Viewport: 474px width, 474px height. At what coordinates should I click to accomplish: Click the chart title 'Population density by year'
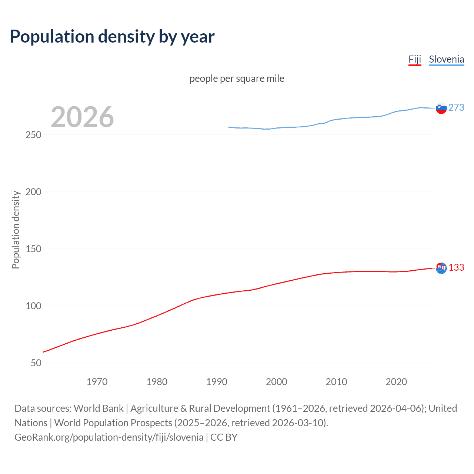point(112,37)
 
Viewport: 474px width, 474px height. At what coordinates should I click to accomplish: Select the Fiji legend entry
point(415,59)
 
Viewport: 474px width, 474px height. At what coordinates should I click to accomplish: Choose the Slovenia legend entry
point(446,59)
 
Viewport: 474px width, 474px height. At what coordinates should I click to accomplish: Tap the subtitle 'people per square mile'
point(237,79)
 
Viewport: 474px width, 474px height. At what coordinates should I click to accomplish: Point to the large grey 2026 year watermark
point(82,117)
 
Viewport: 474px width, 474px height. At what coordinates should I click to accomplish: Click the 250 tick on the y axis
point(33,135)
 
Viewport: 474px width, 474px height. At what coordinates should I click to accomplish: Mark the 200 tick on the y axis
point(33,192)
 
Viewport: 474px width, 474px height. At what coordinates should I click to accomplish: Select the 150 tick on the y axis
point(33,249)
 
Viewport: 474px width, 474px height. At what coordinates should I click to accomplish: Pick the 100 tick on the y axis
point(33,306)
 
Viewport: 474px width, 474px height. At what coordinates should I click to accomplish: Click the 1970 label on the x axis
point(97,382)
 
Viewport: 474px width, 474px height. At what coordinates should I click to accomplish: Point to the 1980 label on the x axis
point(157,382)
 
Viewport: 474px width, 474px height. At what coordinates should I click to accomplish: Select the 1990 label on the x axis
point(217,382)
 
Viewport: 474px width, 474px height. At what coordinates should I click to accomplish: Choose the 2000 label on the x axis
point(277,382)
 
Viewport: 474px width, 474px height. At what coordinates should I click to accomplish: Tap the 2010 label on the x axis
point(336,382)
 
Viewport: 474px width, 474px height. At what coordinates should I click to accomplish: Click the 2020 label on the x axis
point(396,382)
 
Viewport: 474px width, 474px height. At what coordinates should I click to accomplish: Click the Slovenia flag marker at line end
point(441,108)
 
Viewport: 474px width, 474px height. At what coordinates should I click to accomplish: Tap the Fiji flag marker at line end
point(441,268)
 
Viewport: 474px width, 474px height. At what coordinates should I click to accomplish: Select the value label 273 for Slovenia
point(456,107)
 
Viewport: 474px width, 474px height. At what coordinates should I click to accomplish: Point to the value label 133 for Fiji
point(456,267)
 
